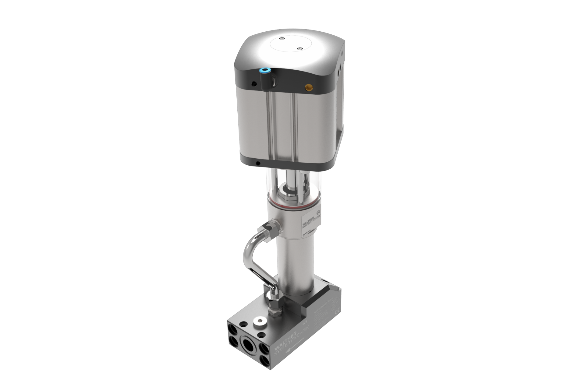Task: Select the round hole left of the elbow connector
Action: coord(253,83)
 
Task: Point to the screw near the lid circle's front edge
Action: coord(300,49)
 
